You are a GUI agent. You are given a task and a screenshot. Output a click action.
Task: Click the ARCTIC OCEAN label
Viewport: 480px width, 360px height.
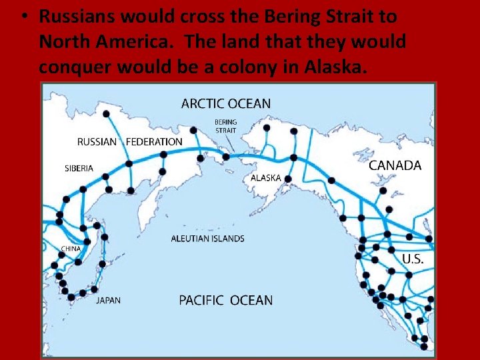226,103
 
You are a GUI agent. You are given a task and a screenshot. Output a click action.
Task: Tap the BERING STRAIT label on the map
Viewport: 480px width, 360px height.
225,126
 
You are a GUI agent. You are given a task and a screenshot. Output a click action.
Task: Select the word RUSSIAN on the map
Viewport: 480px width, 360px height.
97,141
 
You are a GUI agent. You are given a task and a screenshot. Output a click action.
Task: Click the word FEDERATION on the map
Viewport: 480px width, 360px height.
153,141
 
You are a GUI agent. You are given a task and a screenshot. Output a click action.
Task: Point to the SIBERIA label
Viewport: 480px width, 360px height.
79,168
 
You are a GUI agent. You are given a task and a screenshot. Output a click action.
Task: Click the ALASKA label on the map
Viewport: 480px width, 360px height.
265,178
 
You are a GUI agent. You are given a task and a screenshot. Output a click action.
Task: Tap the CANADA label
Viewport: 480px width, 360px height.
395,165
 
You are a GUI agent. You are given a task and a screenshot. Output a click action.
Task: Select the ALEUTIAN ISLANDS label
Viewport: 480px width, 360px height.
207,238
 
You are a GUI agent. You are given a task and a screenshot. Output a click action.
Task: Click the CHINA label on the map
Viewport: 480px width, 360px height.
70,249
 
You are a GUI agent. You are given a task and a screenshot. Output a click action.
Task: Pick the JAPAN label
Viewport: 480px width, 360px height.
108,300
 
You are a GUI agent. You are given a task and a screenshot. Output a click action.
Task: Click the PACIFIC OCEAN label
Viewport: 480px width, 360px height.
225,300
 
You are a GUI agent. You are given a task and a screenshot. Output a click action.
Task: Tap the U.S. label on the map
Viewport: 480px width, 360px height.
412,259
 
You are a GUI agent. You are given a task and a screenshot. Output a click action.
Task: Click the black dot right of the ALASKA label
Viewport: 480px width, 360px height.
288,179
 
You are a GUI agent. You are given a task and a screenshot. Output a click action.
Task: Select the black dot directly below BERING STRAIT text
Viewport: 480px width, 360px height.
225,157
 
